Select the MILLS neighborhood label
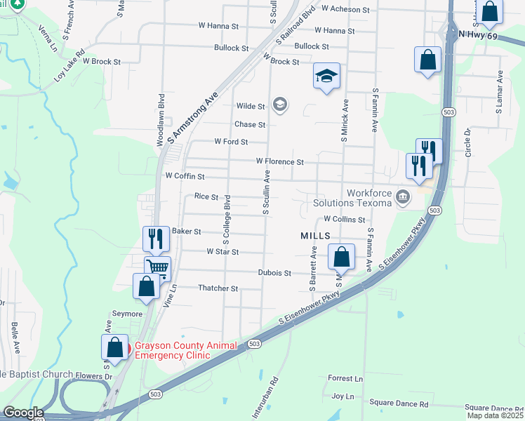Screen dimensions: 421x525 tap(315, 236)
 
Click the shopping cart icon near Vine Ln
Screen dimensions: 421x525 tap(158, 268)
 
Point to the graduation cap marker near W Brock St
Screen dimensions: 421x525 tap(326, 75)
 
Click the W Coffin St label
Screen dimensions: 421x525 tap(184, 176)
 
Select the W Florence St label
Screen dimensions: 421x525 tap(279, 161)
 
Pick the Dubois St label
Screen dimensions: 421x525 tap(274, 272)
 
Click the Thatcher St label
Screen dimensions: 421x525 tap(218, 288)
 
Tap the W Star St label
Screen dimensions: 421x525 tap(222, 251)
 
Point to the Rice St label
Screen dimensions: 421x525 tap(206, 197)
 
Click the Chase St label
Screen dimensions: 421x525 tap(250, 124)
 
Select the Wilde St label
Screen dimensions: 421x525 tap(251, 106)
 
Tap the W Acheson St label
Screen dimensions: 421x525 tap(345, 9)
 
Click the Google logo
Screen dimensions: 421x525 tap(23, 413)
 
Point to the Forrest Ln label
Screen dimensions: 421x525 tap(345, 378)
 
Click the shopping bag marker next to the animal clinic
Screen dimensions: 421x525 tap(114, 347)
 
